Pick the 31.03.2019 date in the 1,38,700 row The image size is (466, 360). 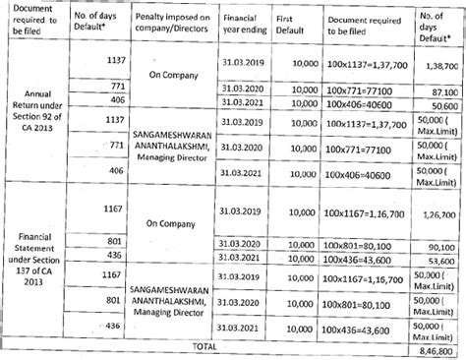click(x=241, y=61)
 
